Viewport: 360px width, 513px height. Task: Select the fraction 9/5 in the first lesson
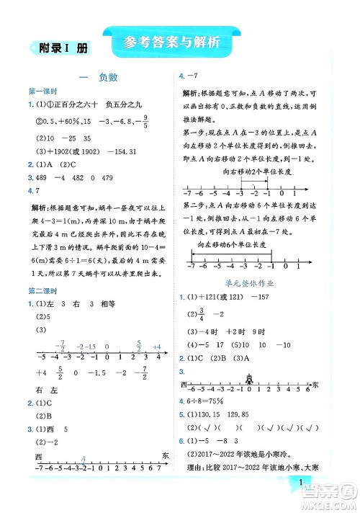pos(145,121)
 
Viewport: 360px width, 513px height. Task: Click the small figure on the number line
pos(249,380)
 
